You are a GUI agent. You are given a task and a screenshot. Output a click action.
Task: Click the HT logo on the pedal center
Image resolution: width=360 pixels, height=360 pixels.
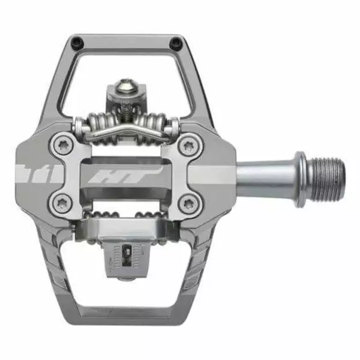125,175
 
